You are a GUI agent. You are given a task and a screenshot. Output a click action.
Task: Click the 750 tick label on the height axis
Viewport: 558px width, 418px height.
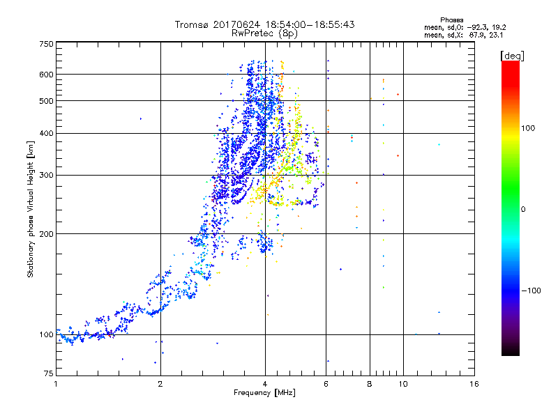46,44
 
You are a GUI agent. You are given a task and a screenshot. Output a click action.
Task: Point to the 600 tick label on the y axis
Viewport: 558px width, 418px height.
46,75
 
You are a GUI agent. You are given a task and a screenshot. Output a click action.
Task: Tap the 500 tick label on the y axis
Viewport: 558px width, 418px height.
46,101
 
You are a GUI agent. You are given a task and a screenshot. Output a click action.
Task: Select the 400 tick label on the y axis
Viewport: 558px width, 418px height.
46,133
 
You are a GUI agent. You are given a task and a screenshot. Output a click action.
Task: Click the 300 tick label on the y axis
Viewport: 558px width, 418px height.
46,175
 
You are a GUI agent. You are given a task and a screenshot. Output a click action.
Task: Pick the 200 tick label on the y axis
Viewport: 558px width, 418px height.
46,234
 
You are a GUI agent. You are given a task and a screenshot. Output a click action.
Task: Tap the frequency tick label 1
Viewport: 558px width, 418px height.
56,384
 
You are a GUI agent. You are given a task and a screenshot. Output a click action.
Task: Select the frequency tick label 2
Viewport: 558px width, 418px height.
160,384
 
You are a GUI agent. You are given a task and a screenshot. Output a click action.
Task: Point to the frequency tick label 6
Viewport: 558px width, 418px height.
326,384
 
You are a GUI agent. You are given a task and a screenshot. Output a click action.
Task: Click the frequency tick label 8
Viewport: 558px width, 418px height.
370,384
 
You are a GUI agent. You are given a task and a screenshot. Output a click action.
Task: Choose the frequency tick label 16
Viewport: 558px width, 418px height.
474,384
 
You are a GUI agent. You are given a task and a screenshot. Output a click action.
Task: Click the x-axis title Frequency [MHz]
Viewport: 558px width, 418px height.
264,394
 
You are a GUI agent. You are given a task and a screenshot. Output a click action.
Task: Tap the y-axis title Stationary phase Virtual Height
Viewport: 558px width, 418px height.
31,209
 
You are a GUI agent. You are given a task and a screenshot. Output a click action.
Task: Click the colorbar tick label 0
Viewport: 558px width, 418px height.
524,209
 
